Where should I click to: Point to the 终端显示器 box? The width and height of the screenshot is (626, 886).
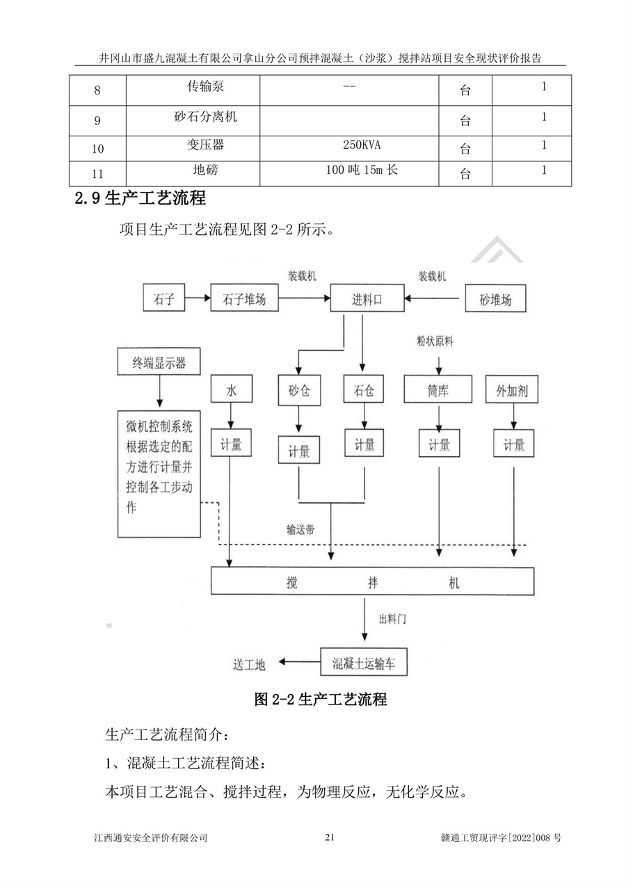159,362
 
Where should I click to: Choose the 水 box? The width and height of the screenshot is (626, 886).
231,391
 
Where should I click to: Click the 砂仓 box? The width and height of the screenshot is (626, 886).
299,391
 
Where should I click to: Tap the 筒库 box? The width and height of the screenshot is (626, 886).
438,391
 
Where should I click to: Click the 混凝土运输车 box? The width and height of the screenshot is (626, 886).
364,663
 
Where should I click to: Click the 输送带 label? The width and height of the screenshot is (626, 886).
300,529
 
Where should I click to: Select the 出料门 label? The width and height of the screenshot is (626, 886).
392,618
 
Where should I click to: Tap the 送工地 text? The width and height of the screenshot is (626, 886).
249,664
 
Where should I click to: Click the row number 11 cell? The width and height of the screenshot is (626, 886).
97,174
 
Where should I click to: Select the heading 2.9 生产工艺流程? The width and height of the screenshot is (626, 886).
141,199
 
